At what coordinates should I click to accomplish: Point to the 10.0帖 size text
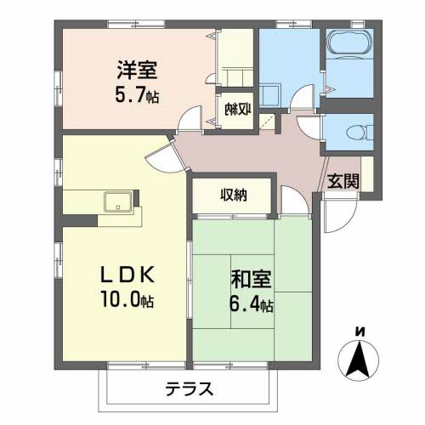click(x=124, y=300)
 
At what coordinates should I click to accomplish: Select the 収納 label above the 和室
click(x=234, y=195)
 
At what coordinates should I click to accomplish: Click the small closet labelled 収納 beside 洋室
click(x=236, y=108)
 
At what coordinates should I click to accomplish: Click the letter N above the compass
click(x=360, y=330)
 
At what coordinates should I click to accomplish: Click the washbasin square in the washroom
click(x=271, y=95)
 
